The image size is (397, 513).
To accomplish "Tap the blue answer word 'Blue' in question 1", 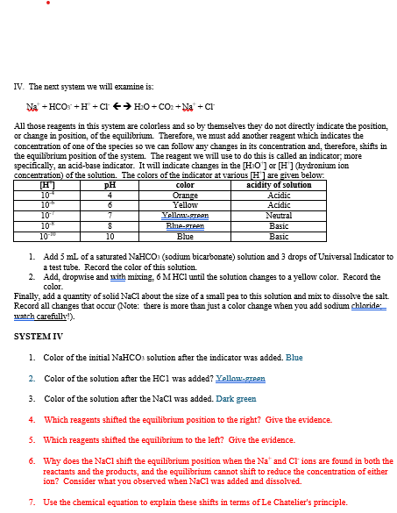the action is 294,358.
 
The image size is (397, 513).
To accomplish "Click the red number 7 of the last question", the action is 32,502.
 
